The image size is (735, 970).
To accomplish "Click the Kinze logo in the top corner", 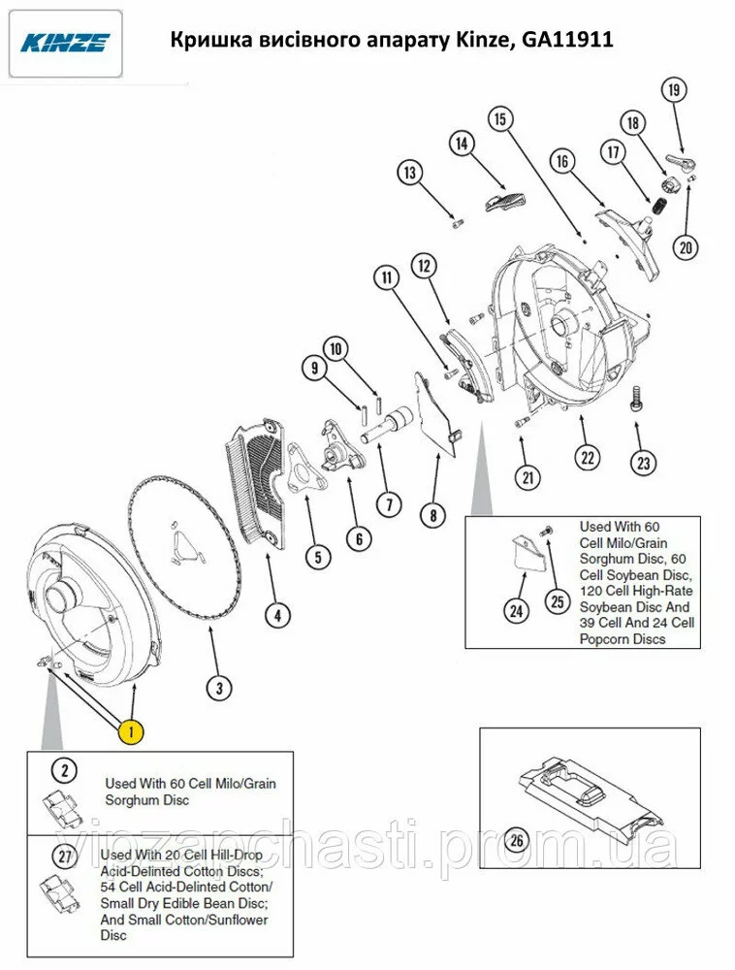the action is click(65, 43).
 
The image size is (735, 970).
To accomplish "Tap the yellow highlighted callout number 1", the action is click(131, 731).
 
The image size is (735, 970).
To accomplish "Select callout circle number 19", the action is click(674, 90).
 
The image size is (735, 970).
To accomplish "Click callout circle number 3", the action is click(219, 688).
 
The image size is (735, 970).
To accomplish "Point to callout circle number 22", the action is click(587, 457).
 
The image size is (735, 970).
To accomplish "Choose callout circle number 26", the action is click(516, 839).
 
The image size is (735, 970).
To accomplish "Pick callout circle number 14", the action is click(462, 144).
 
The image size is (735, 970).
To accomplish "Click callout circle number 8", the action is click(432, 515).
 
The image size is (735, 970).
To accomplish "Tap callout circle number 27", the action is click(65, 857).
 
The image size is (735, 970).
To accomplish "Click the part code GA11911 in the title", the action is click(567, 40).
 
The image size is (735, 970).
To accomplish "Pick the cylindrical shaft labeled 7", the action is click(390, 424).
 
